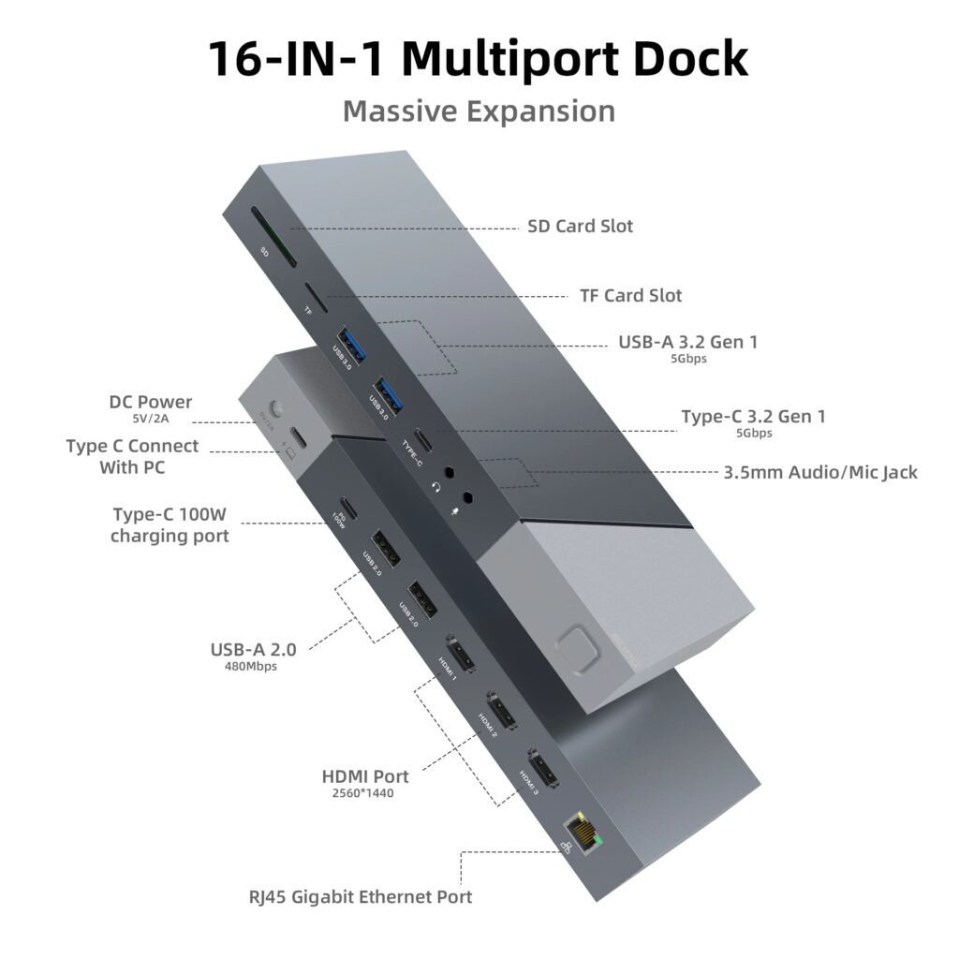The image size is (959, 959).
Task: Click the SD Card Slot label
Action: [581, 227]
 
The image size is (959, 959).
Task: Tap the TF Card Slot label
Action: [631, 296]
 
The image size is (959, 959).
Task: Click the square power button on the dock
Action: [574, 645]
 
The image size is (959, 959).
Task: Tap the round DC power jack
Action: [276, 410]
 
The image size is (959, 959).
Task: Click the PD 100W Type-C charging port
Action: [347, 507]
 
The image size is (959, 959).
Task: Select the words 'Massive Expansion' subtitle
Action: [479, 111]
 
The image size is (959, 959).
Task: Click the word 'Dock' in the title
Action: [681, 58]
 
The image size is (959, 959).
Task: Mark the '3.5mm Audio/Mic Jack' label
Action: [820, 473]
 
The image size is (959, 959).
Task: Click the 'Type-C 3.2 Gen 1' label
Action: [753, 417]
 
